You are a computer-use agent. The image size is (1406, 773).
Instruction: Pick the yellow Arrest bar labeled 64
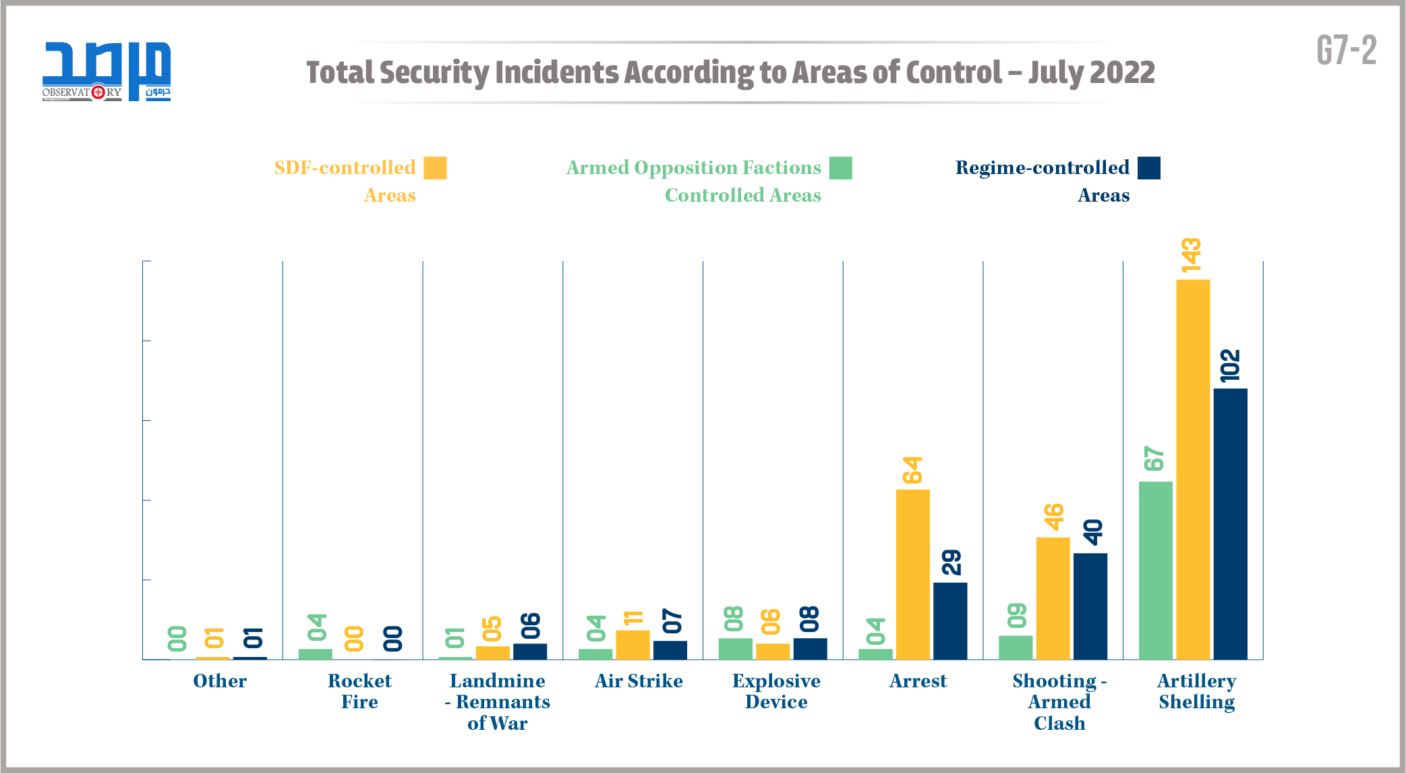pos(912,574)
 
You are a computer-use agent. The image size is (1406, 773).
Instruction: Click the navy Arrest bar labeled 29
pos(949,621)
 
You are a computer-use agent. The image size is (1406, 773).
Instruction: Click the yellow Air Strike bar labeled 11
pos(633,645)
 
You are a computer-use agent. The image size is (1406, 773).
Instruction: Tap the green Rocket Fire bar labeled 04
pos(315,654)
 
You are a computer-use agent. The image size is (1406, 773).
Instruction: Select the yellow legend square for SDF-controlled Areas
pos(435,168)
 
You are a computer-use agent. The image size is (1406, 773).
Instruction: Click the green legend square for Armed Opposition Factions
pos(840,168)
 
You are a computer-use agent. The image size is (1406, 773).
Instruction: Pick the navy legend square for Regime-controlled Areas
pos(1148,168)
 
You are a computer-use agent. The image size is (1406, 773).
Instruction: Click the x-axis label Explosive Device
pos(776,691)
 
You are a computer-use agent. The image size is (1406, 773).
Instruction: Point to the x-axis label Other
pos(220,681)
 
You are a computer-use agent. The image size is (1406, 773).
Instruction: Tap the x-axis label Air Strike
pos(639,681)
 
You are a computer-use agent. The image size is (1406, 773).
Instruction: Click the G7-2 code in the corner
pos(1346,51)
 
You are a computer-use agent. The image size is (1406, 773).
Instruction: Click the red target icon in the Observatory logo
pos(98,92)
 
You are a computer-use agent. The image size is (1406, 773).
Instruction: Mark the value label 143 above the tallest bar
pos(1191,255)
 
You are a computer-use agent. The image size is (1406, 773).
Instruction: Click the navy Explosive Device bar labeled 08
pos(810,649)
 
